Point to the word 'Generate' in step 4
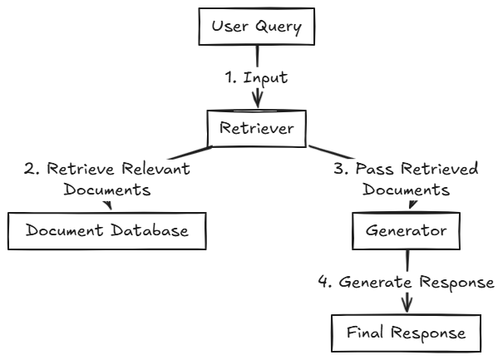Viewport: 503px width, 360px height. tap(377, 282)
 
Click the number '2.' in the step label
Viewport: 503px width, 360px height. tap(30, 170)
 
